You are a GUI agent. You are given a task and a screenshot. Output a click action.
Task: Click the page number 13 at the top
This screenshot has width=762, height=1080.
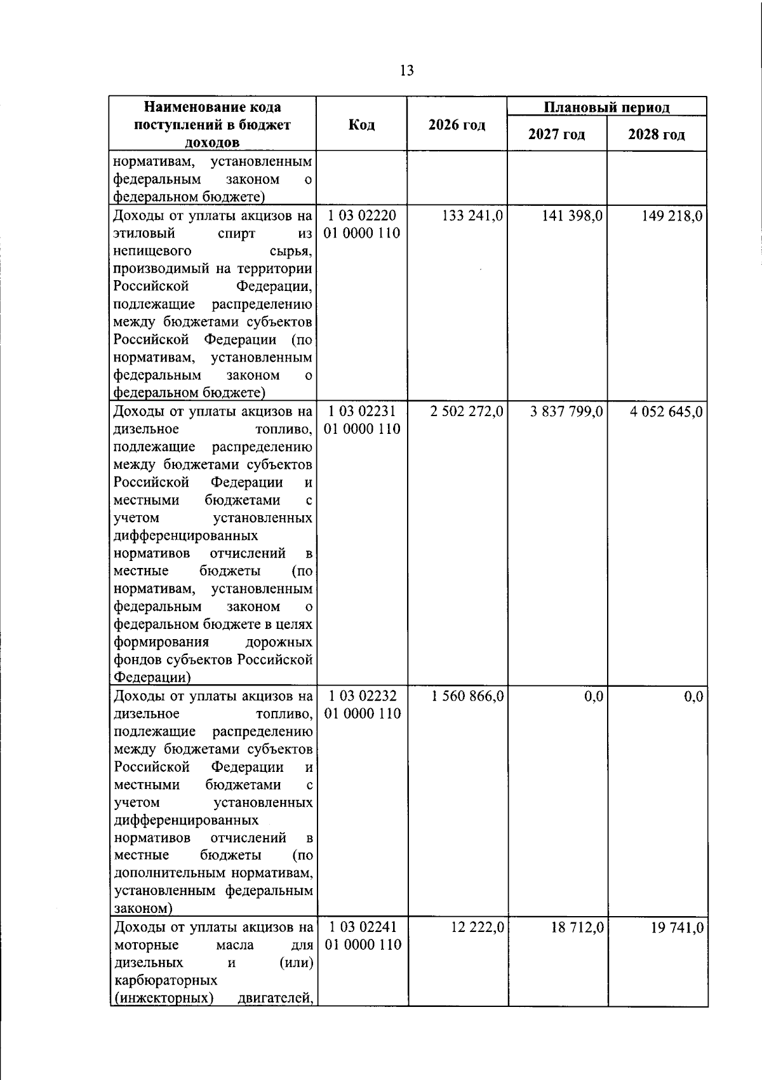(407, 71)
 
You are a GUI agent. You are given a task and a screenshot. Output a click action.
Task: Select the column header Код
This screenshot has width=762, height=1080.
(361, 125)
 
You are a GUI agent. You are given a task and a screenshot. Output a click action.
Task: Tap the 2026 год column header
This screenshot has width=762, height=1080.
(457, 125)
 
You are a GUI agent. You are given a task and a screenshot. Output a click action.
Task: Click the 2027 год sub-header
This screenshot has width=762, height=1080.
(557, 135)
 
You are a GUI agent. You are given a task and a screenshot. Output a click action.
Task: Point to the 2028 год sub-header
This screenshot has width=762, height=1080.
(657, 135)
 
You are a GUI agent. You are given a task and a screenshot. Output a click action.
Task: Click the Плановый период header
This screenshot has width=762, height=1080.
(606, 107)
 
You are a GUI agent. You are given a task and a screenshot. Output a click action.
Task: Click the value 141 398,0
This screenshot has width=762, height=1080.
(571, 216)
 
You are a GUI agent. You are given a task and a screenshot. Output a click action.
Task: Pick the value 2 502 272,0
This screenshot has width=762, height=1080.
(467, 412)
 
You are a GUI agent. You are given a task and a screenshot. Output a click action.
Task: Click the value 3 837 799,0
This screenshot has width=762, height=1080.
(567, 412)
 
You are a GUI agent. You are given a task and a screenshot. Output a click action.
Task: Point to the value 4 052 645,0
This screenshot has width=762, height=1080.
(666, 412)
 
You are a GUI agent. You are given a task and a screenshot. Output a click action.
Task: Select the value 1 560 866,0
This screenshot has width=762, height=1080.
(467, 696)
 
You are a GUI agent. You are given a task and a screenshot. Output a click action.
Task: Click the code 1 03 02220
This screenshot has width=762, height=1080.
(363, 216)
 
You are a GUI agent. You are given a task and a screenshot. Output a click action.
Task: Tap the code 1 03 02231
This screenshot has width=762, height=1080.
(363, 412)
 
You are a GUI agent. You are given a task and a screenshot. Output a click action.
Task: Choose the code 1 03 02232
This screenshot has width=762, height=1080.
(363, 696)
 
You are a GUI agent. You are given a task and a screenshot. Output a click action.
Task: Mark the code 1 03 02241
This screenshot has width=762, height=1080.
(363, 928)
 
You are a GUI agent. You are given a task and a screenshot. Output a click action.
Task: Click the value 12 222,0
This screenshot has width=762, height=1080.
(478, 928)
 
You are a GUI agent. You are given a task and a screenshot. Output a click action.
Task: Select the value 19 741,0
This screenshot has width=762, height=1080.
(677, 928)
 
